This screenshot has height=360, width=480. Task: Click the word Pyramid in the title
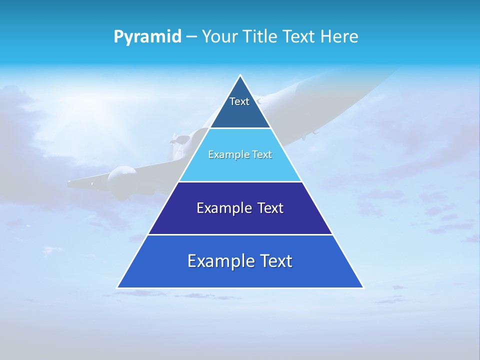[x=147, y=37]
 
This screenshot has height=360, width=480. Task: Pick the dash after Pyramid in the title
[x=191, y=37]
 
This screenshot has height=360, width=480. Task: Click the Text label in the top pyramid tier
[x=239, y=101]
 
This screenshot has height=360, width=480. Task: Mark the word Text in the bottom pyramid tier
[x=276, y=261]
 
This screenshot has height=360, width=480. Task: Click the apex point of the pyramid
[x=240, y=75]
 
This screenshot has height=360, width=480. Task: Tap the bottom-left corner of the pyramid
[x=117, y=287]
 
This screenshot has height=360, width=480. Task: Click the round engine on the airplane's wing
[x=119, y=181]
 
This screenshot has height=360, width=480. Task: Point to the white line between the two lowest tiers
[x=240, y=234]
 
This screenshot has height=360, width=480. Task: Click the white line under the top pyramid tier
[x=240, y=128]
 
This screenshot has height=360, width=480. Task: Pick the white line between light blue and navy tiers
[x=240, y=181]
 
